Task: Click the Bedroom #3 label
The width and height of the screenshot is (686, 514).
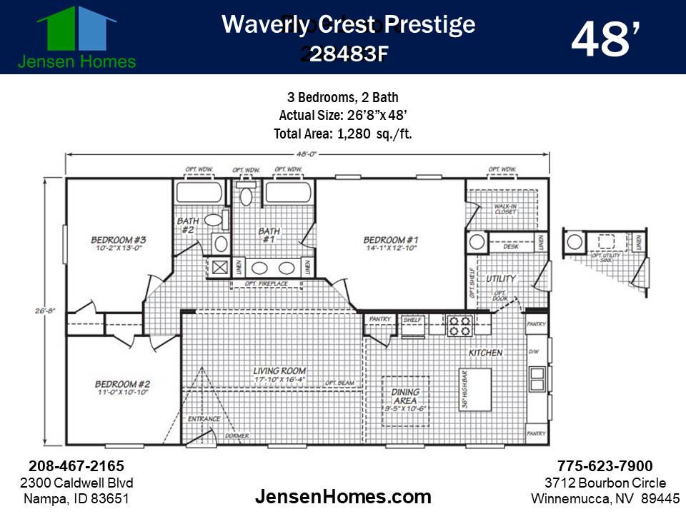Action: coord(118,243)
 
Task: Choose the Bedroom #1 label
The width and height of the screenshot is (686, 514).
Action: coord(390,243)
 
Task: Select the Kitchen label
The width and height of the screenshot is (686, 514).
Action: coord(486,353)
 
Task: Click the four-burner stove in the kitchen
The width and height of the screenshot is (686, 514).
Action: coord(459,326)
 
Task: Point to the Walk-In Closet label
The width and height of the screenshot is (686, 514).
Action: coord(505,208)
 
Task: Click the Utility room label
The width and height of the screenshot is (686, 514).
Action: coord(501,279)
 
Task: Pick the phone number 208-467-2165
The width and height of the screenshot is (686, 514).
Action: coord(76,466)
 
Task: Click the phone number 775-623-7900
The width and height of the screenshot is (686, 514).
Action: coord(605,466)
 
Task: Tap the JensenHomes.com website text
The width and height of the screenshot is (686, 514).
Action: coord(343,497)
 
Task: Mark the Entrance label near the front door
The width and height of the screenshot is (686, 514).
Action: coord(204,419)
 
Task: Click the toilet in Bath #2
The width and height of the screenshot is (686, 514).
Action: coord(214,221)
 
